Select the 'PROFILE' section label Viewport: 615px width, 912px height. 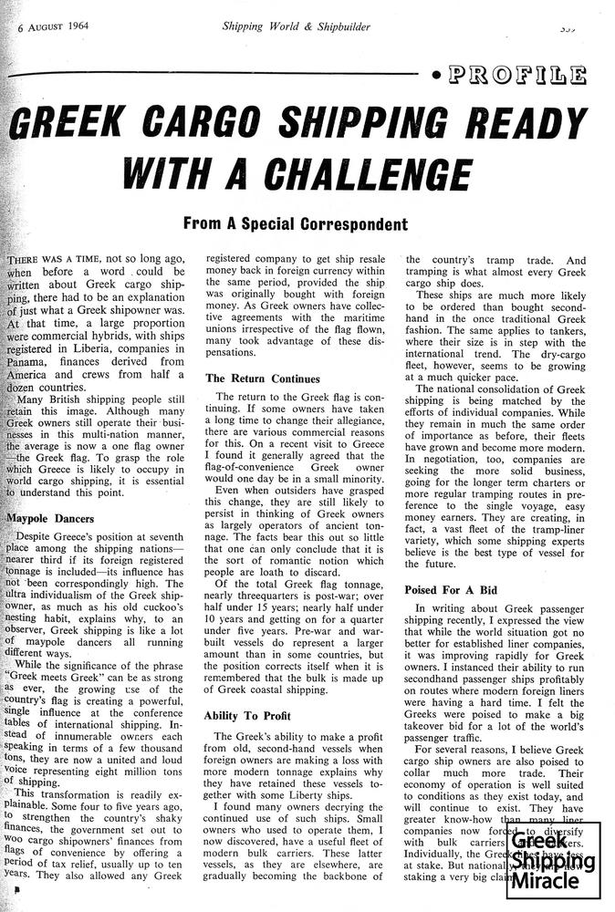[517, 75]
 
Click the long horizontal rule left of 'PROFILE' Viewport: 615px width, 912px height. [219, 71]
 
